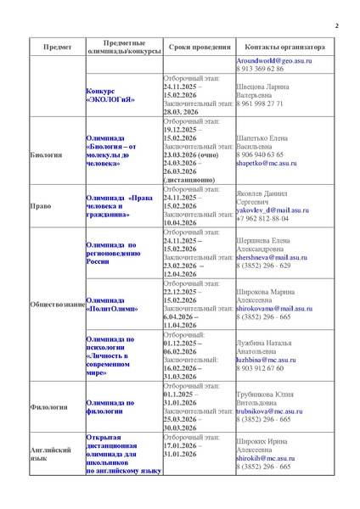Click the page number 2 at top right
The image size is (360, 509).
[x=336, y=26]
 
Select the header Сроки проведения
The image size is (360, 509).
[x=194, y=48]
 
